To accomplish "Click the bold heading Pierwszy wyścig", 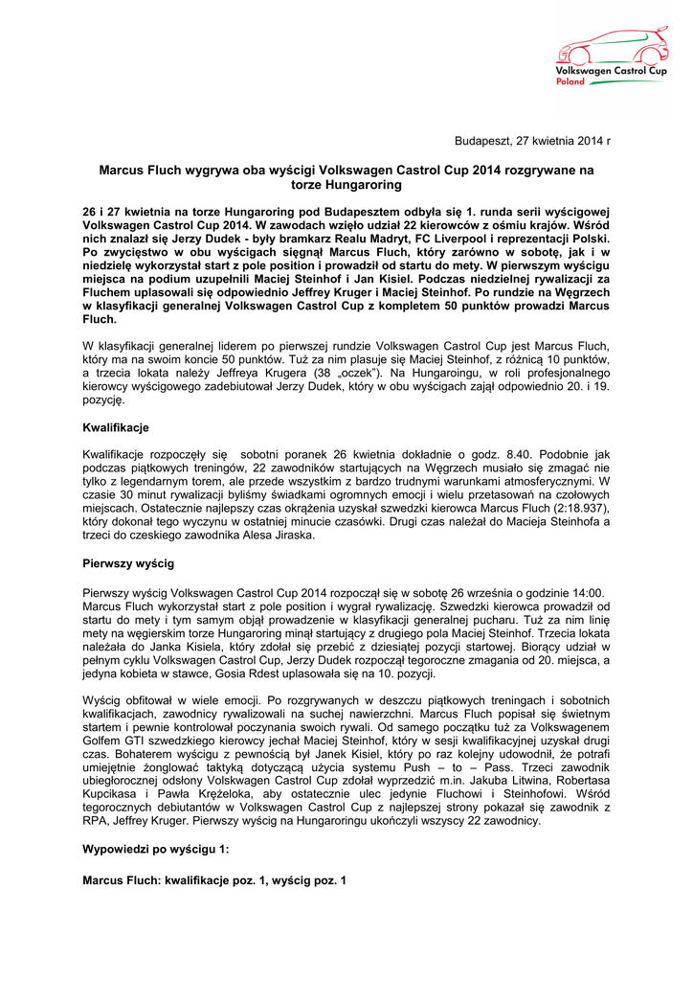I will pyautogui.click(x=128, y=565).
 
